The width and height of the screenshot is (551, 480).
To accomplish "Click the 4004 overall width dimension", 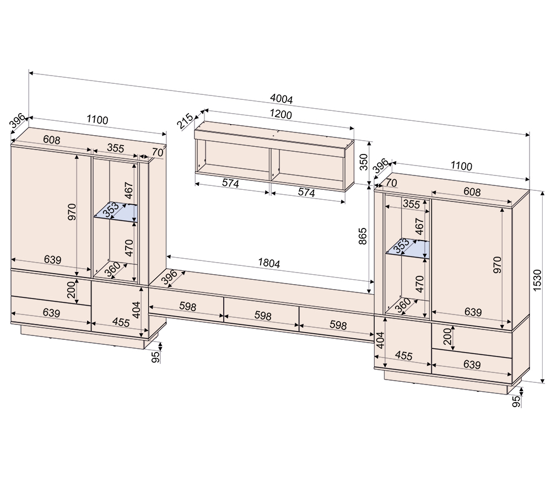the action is (x=281, y=99).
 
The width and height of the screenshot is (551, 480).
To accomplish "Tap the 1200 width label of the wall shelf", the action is (x=281, y=114).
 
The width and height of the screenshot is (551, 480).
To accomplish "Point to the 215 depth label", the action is (x=185, y=121).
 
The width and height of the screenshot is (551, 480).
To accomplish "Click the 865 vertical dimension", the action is (x=363, y=236).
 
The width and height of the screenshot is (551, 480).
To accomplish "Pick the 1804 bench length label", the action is (x=269, y=263).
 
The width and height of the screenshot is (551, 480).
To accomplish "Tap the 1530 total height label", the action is (x=537, y=280).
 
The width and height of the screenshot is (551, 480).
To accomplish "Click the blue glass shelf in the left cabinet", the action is (x=116, y=212).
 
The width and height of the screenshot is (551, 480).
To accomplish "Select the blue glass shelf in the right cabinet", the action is (x=408, y=249).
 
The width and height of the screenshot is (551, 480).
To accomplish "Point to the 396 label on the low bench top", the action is (x=170, y=277).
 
